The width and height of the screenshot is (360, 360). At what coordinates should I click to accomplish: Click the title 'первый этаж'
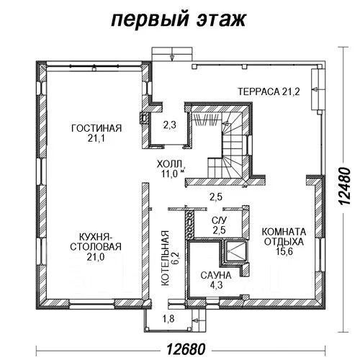pyautogui.click(x=179, y=19)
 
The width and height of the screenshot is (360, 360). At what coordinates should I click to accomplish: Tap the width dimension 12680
pyautogui.click(x=186, y=349)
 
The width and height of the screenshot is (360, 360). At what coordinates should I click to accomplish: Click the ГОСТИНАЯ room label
pyautogui.click(x=96, y=128)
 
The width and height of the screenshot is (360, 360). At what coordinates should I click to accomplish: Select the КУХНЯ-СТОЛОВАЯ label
pyautogui.click(x=96, y=242)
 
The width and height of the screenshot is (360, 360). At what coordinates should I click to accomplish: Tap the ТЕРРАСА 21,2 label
pyautogui.click(x=269, y=91)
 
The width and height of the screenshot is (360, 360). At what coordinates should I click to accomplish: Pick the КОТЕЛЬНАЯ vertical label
pyautogui.click(x=165, y=258)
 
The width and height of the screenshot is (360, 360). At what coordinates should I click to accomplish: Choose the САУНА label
pyautogui.click(x=216, y=275)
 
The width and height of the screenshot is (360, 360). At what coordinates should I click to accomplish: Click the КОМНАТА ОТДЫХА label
pyautogui.click(x=284, y=237)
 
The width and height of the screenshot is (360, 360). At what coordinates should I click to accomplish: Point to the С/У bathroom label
pyautogui.click(x=219, y=220)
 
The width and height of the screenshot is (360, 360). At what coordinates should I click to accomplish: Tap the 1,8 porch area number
pyautogui.click(x=168, y=319)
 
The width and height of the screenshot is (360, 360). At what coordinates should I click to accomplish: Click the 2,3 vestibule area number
pyautogui.click(x=169, y=125)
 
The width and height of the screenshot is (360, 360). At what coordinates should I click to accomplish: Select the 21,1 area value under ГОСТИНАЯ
pyautogui.click(x=96, y=138)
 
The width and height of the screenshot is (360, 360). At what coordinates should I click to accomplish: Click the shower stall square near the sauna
pyautogui.click(x=235, y=251)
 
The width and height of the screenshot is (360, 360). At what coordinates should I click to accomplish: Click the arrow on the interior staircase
pyautogui.click(x=226, y=124)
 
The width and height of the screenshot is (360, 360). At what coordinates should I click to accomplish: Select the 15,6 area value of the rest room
pyautogui.click(x=284, y=251)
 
